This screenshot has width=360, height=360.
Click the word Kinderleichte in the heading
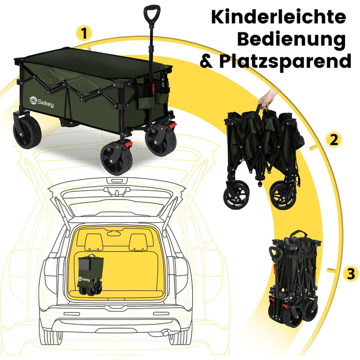pos(279,16)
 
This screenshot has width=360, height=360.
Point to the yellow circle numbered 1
pos(84,33)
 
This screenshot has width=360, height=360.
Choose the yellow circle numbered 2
pos(334,140)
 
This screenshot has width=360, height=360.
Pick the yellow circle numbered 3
pos(351,274)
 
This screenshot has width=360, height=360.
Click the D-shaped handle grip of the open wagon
pos(152,14)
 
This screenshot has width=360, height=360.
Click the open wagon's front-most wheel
pos(116,158)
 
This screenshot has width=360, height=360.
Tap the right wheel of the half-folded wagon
pos(283,195)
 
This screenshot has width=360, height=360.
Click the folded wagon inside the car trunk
pos(90,275)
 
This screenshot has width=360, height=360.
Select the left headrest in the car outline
pos(94,242)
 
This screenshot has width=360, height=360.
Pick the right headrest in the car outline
pos(138,242)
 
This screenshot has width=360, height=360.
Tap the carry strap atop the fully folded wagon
pos(298,235)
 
